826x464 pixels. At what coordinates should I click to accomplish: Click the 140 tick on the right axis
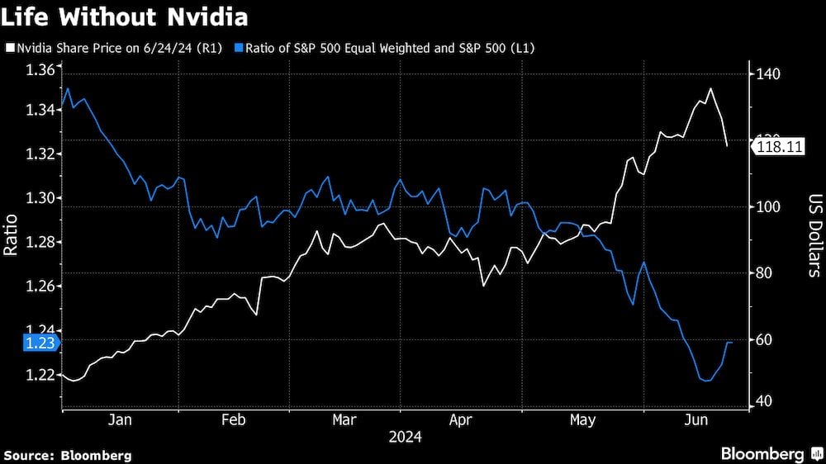tap(768, 74)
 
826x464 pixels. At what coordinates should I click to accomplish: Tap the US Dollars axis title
tap(814, 235)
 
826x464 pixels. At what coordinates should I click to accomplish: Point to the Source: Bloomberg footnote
tap(69, 455)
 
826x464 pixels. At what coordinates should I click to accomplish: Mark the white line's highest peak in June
tap(710, 88)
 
